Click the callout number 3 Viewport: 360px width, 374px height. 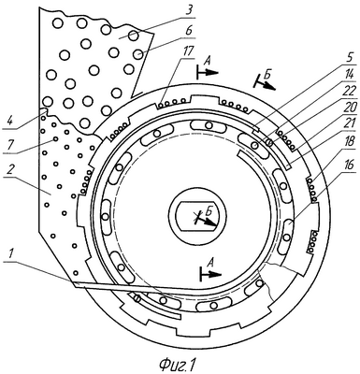click(187, 11)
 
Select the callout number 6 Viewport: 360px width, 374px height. click(189, 32)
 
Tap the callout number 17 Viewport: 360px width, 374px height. click(187, 51)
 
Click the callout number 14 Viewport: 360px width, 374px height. click(349, 75)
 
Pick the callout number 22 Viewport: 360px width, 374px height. click(348, 92)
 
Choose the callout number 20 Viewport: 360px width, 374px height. click(348, 108)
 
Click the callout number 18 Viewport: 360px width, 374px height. click(348, 142)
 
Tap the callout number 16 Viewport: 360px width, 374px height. click(348, 165)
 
